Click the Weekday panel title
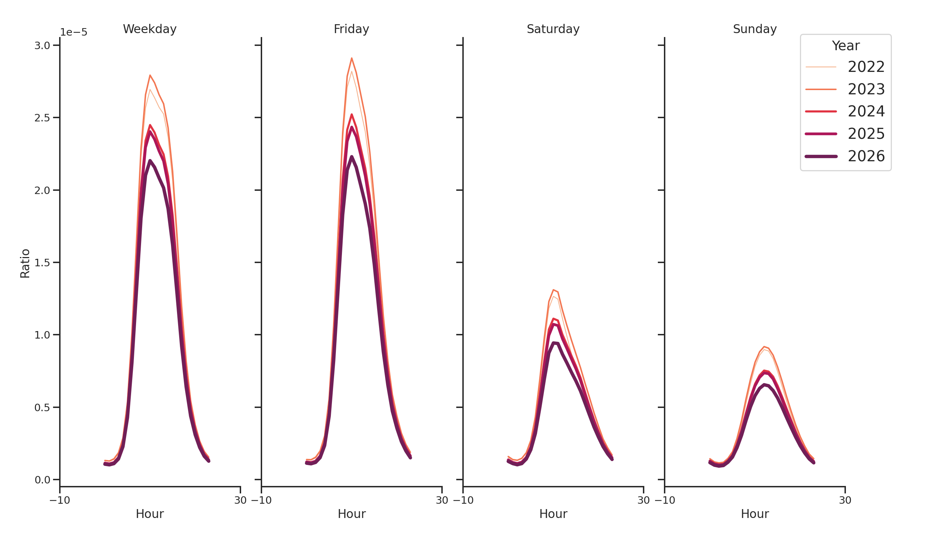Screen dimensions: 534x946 150,29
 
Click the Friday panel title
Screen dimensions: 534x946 351,29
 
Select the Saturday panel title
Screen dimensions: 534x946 553,29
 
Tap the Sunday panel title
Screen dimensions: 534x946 754,29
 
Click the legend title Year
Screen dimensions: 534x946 845,46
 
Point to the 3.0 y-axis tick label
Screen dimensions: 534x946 42,46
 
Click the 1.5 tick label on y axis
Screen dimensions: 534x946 42,263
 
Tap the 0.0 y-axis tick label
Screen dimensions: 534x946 42,480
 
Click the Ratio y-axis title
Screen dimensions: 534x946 25,263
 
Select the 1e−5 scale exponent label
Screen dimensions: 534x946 73,32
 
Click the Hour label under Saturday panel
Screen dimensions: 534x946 553,514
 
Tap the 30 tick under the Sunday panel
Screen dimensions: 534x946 845,500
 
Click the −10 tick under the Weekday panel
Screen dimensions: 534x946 59,500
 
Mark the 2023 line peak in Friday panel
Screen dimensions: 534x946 352,58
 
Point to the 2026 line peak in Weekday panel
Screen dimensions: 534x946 150,161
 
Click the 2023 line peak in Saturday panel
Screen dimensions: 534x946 553,290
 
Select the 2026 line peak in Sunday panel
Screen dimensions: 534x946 764,384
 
